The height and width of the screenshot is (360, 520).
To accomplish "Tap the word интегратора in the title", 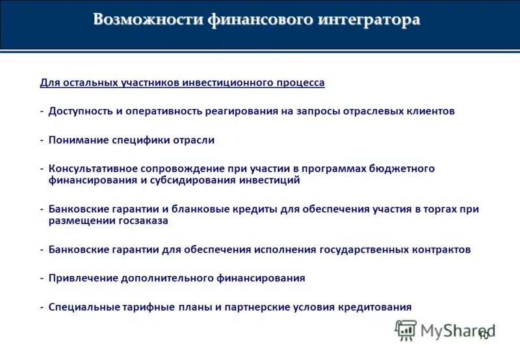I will pos(369,19).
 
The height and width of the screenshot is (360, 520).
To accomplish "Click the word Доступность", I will pos(81,111).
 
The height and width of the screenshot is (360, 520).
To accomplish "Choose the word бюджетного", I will pos(403,168).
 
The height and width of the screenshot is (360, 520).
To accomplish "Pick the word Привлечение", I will pos(82,278).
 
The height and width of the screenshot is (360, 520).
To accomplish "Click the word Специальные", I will pos(83,307).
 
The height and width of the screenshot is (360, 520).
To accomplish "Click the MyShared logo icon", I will pos(406,330).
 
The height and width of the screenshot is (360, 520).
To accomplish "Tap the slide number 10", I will pos(483,336).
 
